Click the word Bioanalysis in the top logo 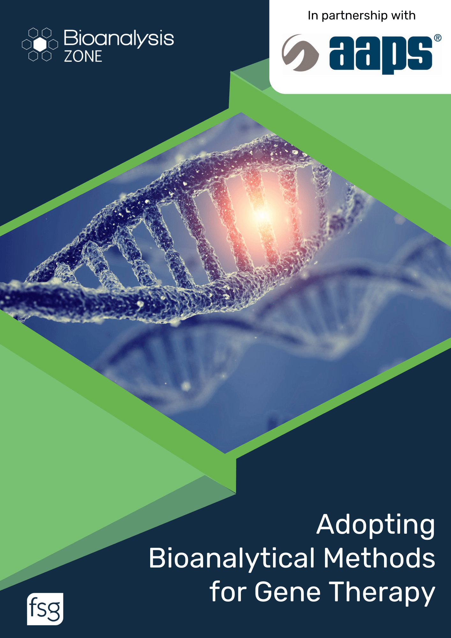(119, 39)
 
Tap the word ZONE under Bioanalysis (83, 56)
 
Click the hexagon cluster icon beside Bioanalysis (40, 44)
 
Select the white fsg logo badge (45, 609)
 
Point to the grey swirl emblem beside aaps (300, 53)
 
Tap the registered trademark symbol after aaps (438, 38)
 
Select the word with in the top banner (403, 15)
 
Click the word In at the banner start (313, 15)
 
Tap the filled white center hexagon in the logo (40, 44)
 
